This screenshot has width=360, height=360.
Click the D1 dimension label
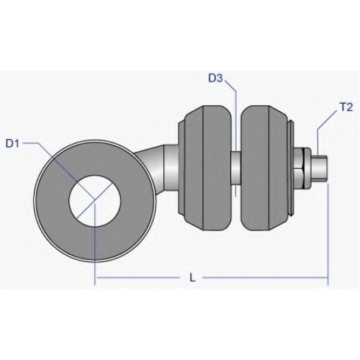coord(12,143)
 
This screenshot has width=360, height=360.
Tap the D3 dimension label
coord(216,78)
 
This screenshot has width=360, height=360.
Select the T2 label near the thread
coord(346,107)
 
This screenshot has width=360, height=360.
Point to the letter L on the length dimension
coord(192,278)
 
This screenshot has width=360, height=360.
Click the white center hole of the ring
coord(94,201)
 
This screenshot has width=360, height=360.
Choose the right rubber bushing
coord(265,168)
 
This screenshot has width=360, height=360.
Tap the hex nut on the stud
coord(302,168)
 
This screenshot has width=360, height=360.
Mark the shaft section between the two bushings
coord(236,168)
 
